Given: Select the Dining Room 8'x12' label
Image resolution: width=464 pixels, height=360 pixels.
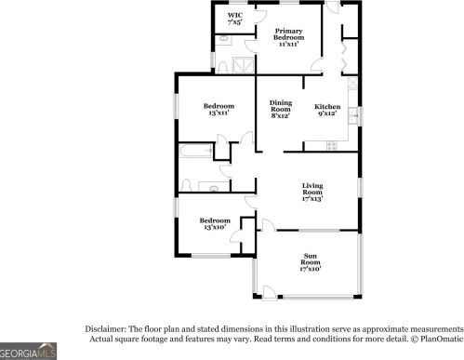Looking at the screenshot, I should (x=280, y=109).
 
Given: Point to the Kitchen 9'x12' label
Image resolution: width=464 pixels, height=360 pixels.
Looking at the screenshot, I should (x=327, y=109).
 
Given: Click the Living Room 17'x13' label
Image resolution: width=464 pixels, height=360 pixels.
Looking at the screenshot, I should (x=312, y=193).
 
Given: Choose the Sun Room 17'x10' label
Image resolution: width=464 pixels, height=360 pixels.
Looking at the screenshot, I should (x=310, y=262).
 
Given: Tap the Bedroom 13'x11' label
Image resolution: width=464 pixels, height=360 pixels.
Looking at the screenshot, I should (x=219, y=113).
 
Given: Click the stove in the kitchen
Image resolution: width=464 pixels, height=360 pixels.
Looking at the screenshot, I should (x=331, y=143).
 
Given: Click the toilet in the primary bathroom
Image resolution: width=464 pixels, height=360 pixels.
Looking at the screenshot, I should (x=224, y=39).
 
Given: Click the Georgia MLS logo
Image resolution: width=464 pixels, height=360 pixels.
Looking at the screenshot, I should (x=28, y=352).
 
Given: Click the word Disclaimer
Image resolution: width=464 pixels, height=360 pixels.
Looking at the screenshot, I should (x=105, y=329).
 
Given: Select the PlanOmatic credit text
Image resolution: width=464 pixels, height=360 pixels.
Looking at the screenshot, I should (x=436, y=340).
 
